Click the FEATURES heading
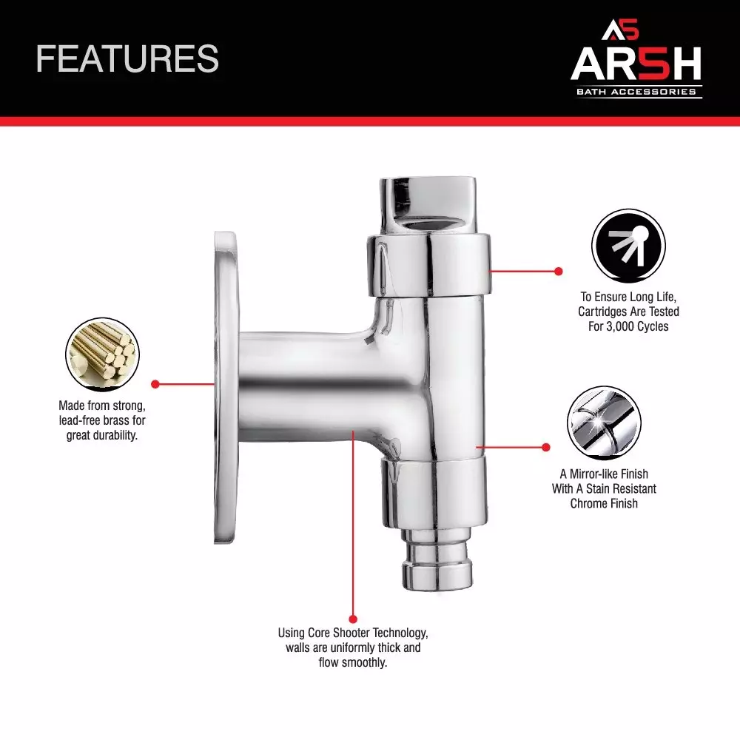click(127, 58)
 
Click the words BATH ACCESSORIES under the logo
click(636, 92)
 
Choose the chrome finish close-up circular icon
click(604, 423)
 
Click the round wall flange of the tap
click(226, 388)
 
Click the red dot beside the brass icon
click(155, 384)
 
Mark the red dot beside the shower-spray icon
click(559, 271)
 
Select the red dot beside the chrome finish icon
click(546, 447)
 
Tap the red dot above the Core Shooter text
click(353, 619)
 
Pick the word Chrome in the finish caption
click(587, 503)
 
